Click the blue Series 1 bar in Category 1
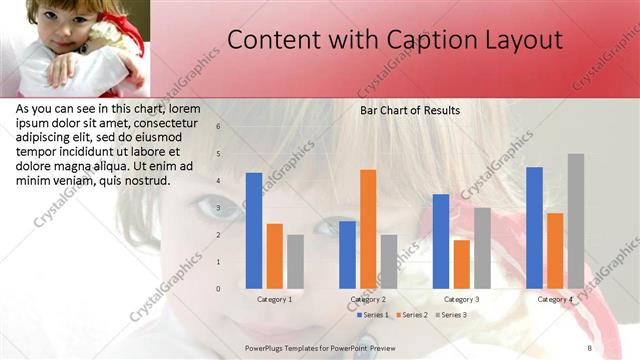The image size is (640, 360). [x=254, y=230]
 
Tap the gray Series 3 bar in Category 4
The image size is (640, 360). [x=576, y=221]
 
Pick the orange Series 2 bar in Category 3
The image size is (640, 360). [x=461, y=263]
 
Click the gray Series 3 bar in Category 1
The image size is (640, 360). [x=295, y=261]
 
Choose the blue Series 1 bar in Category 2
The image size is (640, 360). [x=347, y=254]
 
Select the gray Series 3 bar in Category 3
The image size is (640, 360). [x=482, y=247]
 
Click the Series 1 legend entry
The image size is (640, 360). [x=374, y=315]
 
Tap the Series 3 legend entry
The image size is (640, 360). [x=454, y=315]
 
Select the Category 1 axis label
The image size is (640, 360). [x=275, y=299]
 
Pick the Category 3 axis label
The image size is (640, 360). [x=461, y=299]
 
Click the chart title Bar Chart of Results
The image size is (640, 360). [x=410, y=110]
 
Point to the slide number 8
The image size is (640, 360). [x=589, y=347]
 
